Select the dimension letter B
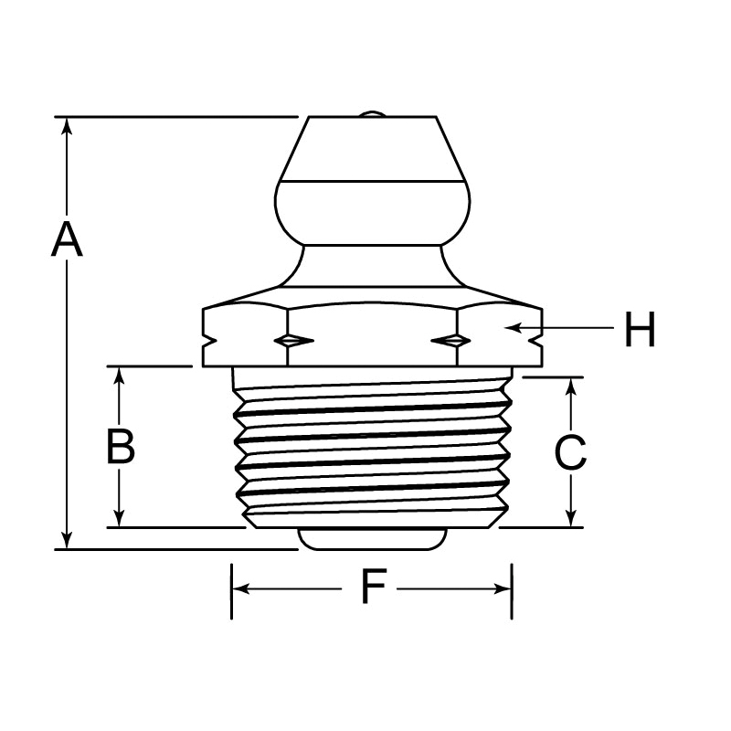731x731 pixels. coord(121,446)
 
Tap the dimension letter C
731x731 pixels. coord(570,451)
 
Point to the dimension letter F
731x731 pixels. coord(374,586)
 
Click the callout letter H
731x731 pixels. coord(641,329)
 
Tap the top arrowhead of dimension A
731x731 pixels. coord(68,126)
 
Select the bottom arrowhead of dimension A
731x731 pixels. coord(68,540)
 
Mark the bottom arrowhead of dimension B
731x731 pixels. coord(120,518)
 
